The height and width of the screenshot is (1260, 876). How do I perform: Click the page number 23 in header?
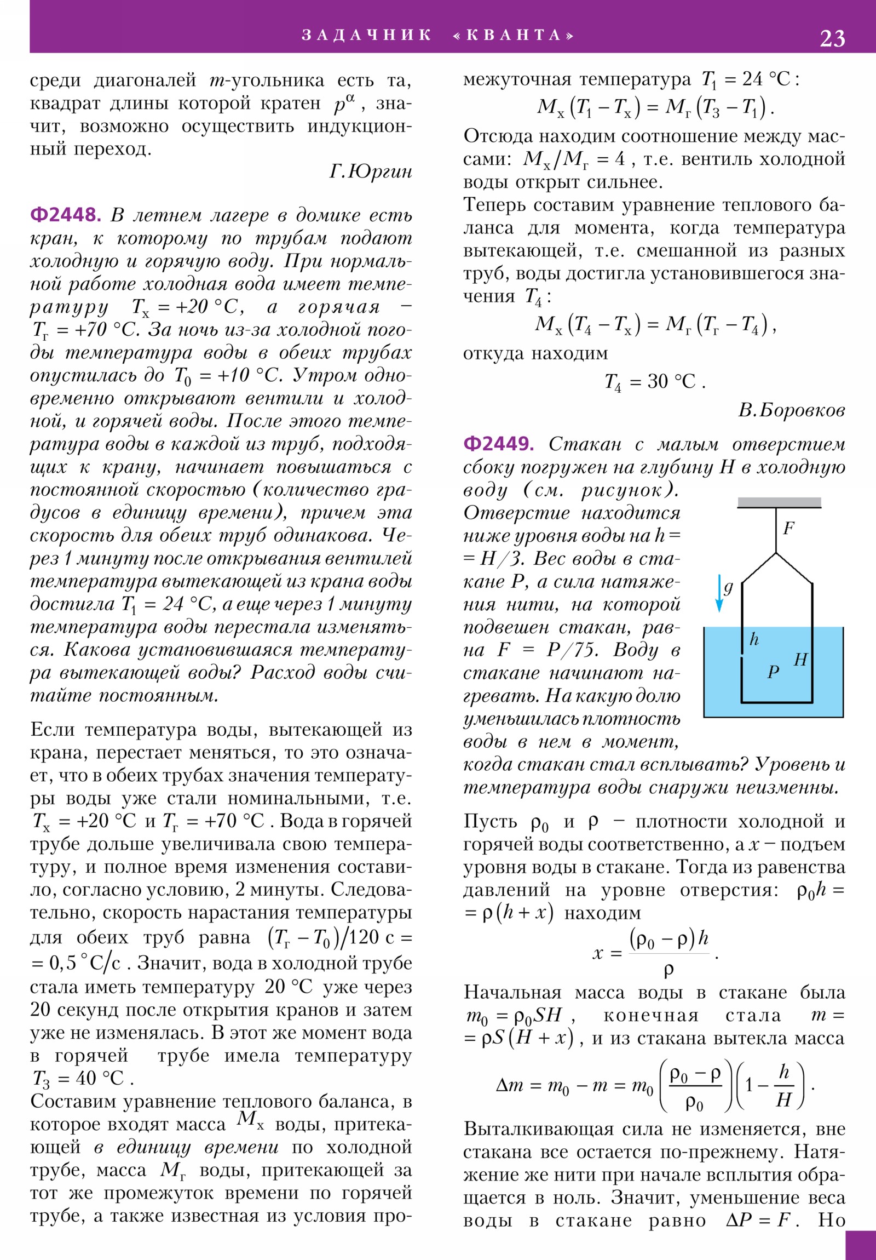(832, 38)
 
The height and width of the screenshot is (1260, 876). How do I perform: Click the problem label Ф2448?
(65, 215)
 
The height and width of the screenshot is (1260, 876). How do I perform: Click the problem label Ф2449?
(498, 443)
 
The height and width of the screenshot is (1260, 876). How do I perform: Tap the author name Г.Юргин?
(370, 172)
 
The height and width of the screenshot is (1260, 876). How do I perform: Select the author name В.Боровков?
(791, 410)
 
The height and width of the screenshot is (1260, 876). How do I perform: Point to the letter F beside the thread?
(788, 528)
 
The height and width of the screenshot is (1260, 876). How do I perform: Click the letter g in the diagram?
(728, 587)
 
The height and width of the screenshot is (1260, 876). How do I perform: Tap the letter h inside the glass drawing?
(754, 639)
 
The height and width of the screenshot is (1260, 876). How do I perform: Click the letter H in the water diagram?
(800, 659)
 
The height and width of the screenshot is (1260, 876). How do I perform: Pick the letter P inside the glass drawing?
(774, 672)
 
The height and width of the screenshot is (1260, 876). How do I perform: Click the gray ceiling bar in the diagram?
(779, 502)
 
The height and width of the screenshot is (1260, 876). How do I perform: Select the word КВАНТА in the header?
(514, 35)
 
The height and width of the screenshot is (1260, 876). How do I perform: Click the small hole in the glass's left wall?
(742, 656)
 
